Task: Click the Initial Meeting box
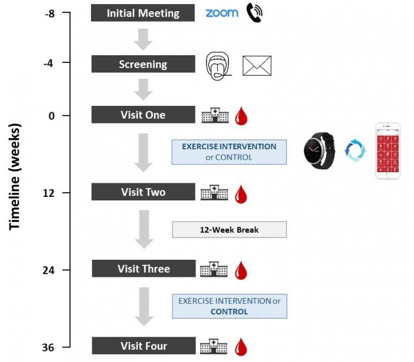tap(143, 13)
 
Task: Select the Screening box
tap(143, 64)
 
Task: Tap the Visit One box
tap(143, 115)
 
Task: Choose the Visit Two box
tap(143, 192)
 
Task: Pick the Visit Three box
tap(143, 269)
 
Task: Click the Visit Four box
tap(143, 346)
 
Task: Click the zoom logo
tap(221, 13)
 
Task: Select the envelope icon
tap(257, 66)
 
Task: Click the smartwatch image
tap(319, 151)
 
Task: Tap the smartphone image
tap(388, 151)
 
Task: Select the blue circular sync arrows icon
tap(355, 151)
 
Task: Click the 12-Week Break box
tap(229, 229)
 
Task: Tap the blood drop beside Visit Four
tap(240, 347)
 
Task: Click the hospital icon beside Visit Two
tap(214, 193)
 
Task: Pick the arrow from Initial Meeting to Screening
tap(143, 39)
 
